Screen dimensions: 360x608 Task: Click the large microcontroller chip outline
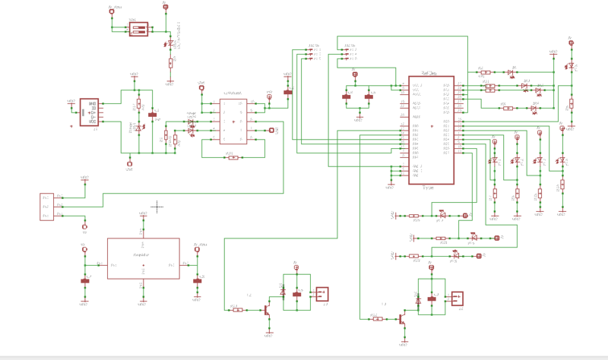pos(432,130)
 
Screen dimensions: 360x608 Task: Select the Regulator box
pos(143,260)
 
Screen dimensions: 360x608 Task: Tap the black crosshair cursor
pos(157,206)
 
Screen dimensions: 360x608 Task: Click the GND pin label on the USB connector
pos(92,104)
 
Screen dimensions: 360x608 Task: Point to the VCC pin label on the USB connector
pos(92,122)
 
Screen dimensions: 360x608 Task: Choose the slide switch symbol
pos(138,29)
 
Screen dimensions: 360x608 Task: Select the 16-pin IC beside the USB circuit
pos(231,122)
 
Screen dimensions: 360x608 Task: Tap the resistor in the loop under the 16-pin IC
pos(231,157)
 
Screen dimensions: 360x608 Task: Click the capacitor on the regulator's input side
pos(85,280)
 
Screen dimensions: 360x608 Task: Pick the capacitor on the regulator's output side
pos(198,280)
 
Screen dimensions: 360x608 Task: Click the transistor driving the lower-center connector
pos(268,310)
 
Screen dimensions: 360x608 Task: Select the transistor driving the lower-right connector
pos(401,320)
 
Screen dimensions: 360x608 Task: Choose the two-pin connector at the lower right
pos(458,298)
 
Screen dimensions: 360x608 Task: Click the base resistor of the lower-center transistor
pos(236,309)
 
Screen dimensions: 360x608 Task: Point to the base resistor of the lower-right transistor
pos(378,319)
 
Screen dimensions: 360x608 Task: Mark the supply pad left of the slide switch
pos(111,12)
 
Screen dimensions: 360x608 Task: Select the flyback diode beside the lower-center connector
pos(283,292)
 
